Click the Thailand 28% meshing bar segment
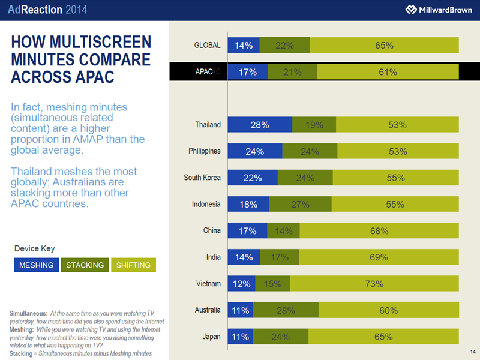(260, 125)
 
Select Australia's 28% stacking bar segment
(286, 310)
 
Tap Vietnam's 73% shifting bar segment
(374, 284)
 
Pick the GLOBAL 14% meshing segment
(244, 45)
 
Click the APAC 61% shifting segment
(388, 72)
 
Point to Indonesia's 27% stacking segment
(299, 204)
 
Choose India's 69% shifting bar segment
(379, 257)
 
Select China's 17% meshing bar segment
(248, 231)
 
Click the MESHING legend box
(36, 265)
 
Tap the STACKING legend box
(85, 265)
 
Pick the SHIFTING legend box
(133, 265)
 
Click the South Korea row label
(202, 178)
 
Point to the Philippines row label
(205, 151)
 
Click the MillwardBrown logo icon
(411, 10)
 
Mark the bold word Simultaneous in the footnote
(28, 313)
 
